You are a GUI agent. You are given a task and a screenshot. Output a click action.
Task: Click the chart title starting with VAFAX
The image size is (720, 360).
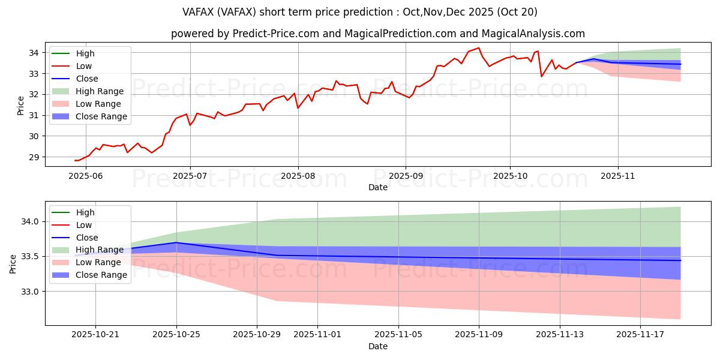click(x=359, y=12)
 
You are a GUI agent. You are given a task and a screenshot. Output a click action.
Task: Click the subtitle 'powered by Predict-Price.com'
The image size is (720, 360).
click(x=378, y=34)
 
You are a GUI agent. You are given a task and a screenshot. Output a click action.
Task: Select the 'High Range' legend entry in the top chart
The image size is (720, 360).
click(x=99, y=91)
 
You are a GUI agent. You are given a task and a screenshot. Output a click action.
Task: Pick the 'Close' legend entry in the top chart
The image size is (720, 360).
click(x=87, y=79)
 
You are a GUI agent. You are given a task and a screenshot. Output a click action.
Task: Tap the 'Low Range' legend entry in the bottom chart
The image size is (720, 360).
click(x=99, y=262)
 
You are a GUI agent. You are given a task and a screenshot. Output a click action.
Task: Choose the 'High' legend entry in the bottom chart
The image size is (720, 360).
click(x=85, y=212)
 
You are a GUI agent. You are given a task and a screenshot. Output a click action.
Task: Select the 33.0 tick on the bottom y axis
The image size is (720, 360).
click(x=30, y=292)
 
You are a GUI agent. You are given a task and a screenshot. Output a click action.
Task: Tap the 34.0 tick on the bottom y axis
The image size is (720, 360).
click(x=30, y=221)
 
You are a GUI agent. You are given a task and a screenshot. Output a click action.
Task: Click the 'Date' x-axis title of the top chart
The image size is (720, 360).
click(x=378, y=187)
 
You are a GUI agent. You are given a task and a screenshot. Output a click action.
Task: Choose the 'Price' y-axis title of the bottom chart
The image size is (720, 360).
click(x=13, y=263)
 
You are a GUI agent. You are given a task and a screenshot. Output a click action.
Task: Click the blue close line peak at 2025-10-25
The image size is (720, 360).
click(x=176, y=242)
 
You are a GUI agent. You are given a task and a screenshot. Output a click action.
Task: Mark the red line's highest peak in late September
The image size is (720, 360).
click(x=478, y=48)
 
